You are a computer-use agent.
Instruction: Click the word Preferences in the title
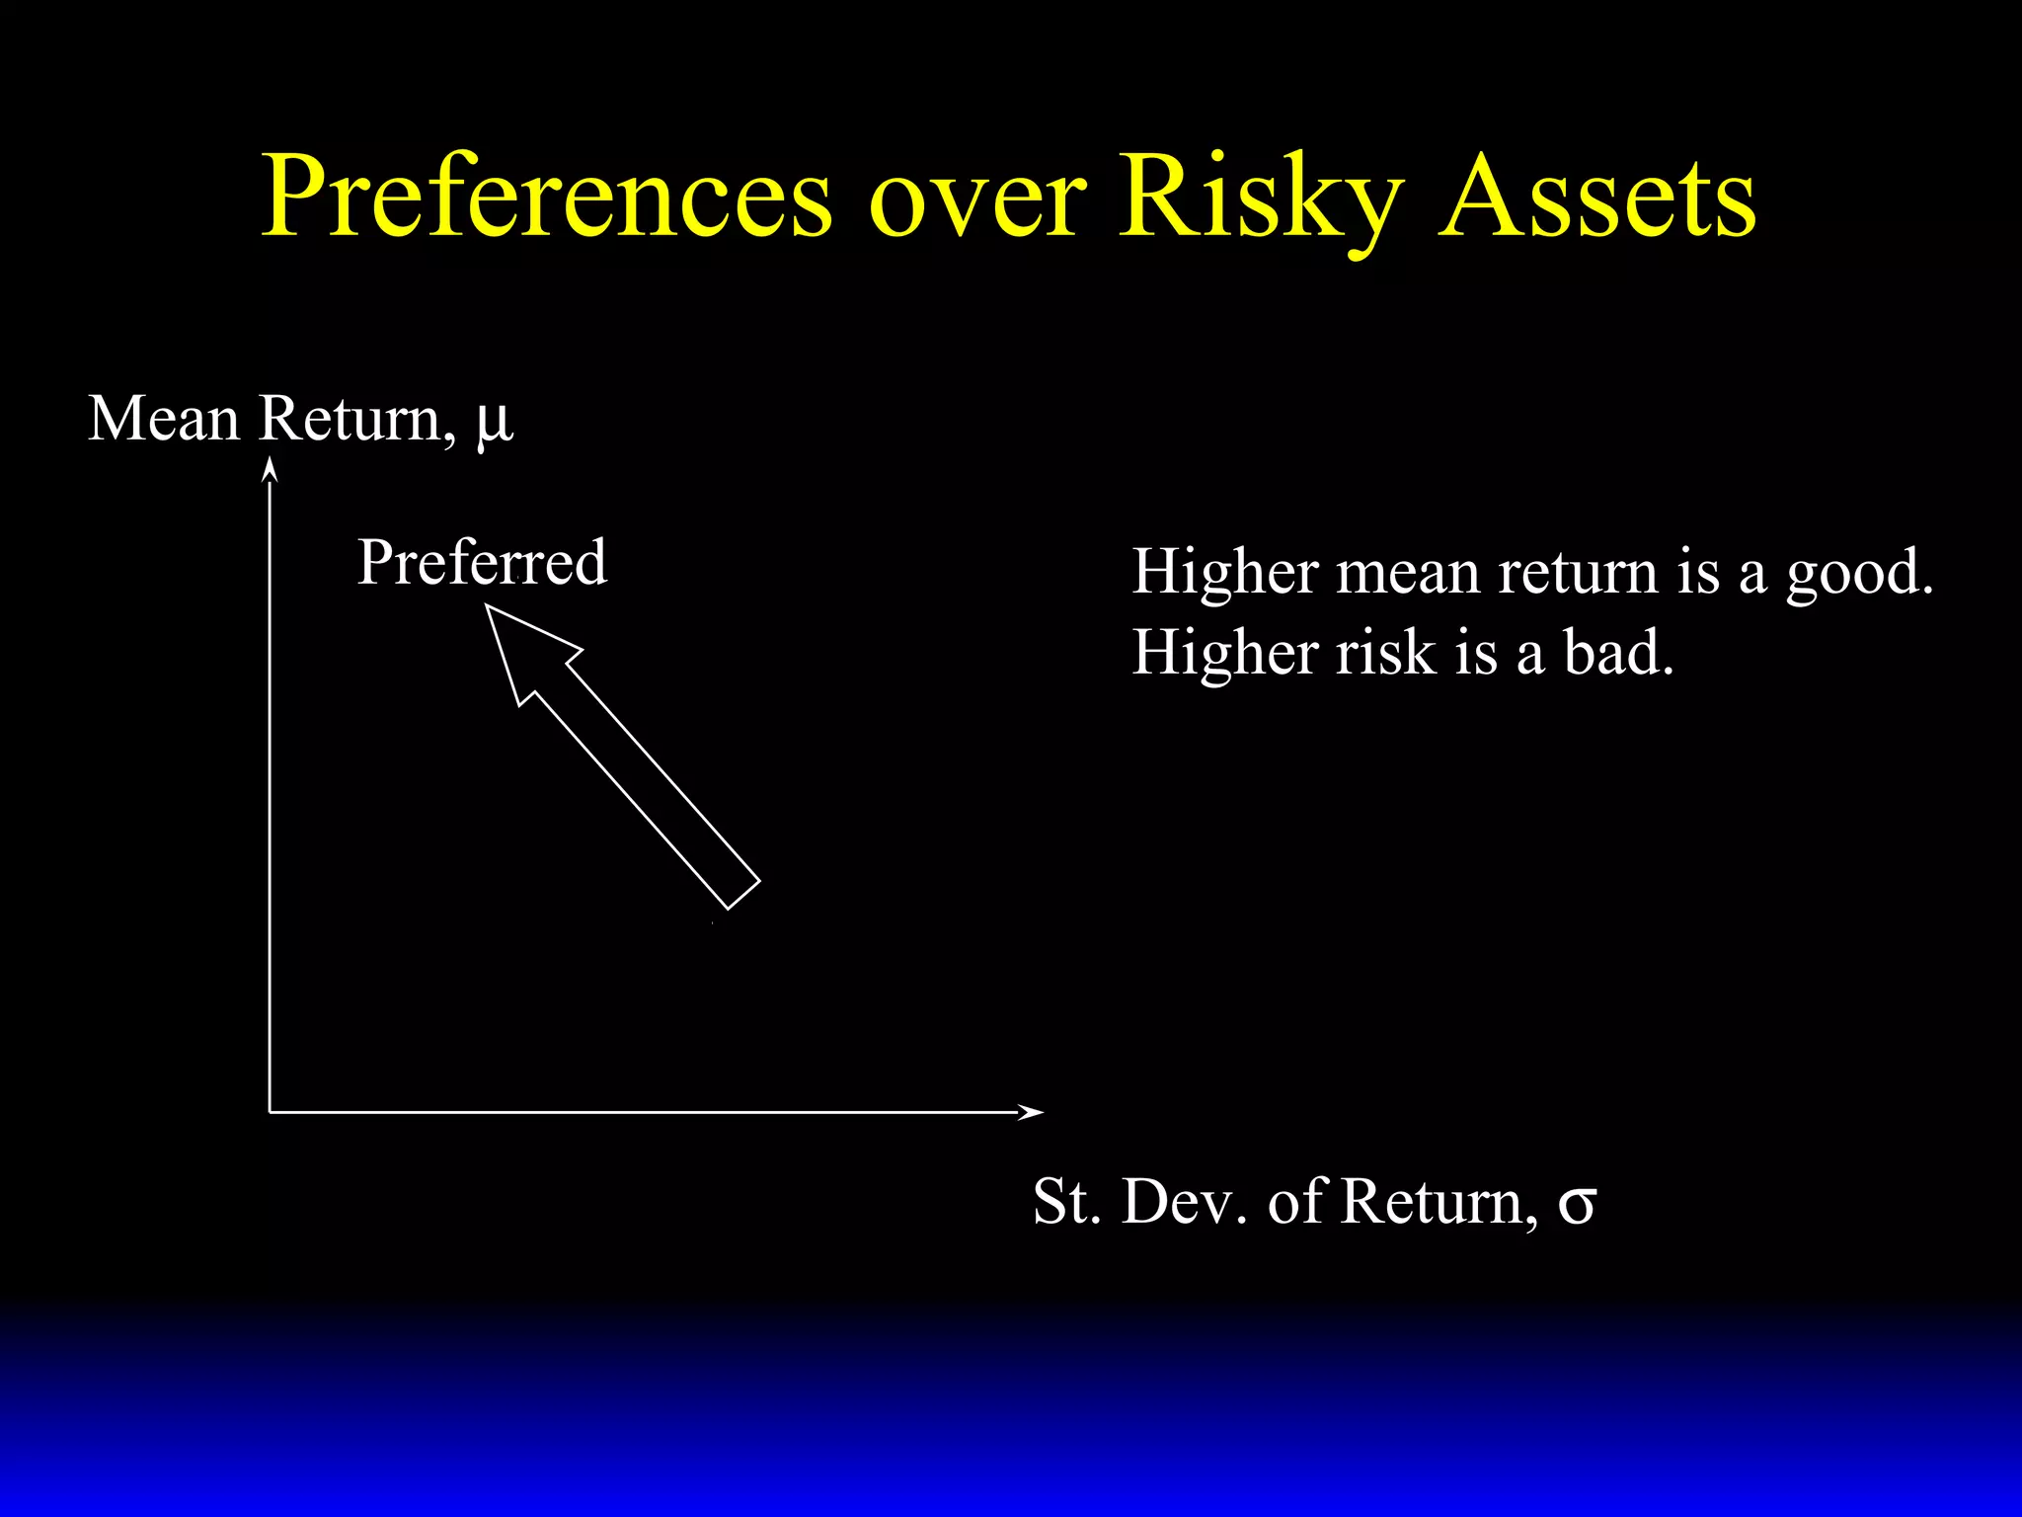coord(547,198)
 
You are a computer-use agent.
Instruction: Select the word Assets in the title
coord(1596,198)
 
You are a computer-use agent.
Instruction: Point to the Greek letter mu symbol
coord(495,423)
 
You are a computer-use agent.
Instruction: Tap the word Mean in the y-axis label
coord(164,419)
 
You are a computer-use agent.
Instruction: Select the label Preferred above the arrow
coord(482,563)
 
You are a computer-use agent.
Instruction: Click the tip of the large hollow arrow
coord(489,608)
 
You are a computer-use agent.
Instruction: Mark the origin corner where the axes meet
coord(270,1112)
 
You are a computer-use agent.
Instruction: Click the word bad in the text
coord(1618,654)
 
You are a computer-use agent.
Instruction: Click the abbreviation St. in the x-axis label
coord(1066,1202)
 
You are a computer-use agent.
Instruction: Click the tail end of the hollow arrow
coord(743,894)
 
